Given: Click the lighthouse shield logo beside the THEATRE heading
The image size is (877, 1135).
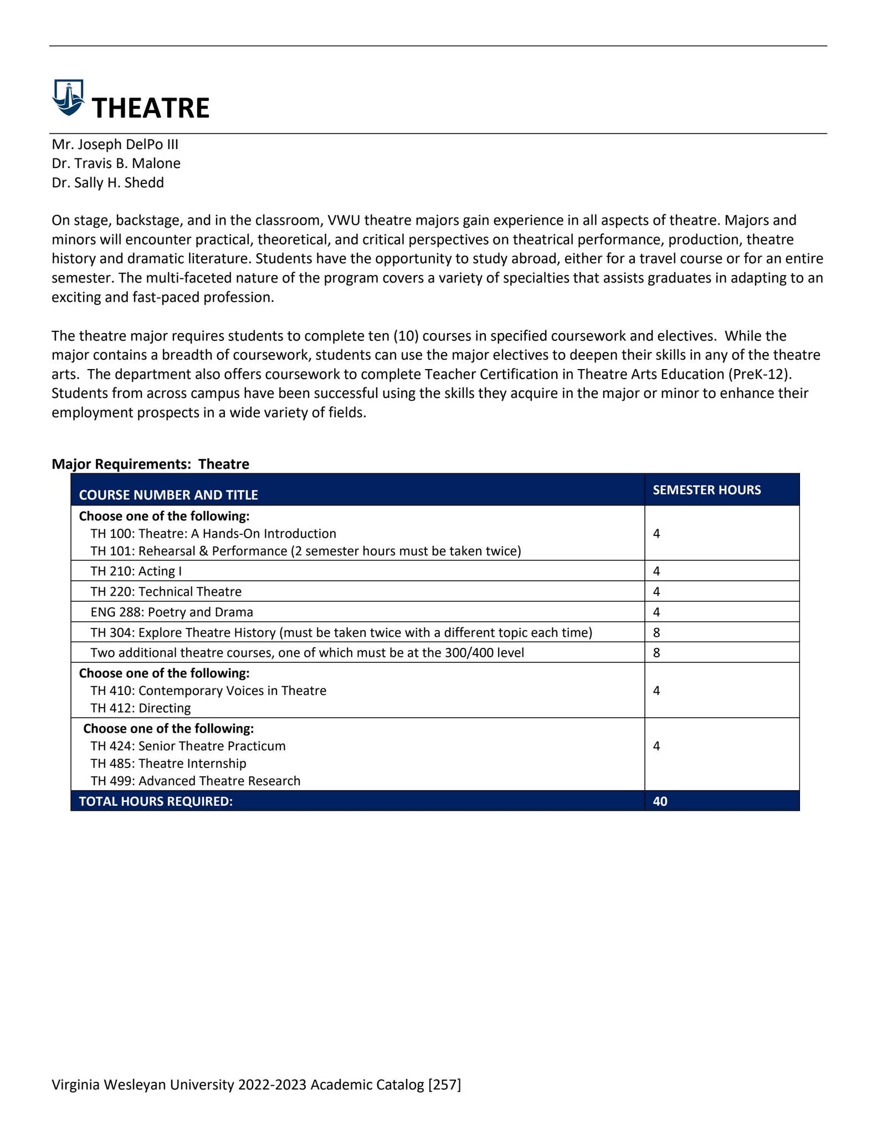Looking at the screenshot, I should pos(68,98).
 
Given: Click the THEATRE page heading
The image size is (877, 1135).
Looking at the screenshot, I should pos(150,108).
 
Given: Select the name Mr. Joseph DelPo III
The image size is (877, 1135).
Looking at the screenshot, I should pos(115,145).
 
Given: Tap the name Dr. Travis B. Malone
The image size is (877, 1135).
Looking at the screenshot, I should pos(116,163).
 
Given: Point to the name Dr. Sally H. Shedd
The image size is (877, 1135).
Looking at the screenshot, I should pos(107,183).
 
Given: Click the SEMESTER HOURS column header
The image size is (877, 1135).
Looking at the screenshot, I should pos(706,490).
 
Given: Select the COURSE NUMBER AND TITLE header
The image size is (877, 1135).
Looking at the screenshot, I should pos(168,495).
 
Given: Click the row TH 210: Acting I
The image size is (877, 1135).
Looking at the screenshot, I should pos(136,571).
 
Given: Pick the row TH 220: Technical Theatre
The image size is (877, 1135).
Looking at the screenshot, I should pos(166,591).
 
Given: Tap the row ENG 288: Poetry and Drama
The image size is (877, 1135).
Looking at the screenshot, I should pos(171,612).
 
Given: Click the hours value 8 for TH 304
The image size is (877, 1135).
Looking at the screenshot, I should pos(657,632).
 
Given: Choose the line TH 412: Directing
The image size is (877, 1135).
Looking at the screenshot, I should pos(140,708).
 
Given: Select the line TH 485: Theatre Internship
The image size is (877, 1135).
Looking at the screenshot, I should pos(168,763).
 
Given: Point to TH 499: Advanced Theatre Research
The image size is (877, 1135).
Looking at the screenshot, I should pos(195,781).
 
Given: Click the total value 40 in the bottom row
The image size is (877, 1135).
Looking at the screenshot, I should pos(660,801).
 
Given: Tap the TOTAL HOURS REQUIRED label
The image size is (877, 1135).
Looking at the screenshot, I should pos(156,801).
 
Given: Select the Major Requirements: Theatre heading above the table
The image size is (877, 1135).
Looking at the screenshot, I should pos(150,464).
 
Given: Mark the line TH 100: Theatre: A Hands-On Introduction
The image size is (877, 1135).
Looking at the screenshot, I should pos(213,534).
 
